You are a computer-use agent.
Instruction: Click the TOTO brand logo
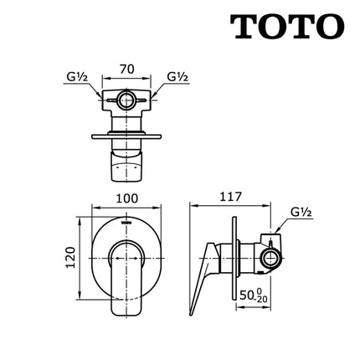(286, 28)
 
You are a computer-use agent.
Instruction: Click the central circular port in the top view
(127, 101)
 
